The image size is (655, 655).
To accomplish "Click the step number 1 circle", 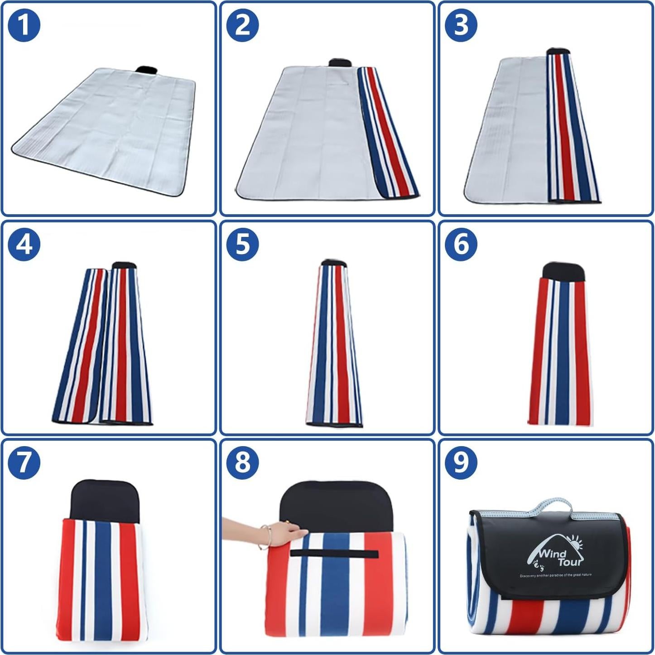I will tap(24, 25).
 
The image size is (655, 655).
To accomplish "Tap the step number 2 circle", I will tap(242, 25).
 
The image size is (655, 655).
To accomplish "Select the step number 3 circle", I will tap(461, 25).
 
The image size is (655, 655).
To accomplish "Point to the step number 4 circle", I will tap(24, 245).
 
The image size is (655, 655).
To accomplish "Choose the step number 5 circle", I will tap(242, 245).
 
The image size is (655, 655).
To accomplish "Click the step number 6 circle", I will tap(461, 245).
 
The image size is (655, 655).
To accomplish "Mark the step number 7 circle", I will tap(24, 463).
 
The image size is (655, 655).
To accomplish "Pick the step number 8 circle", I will tap(242, 463).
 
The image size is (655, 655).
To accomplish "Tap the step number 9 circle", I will tap(461, 463).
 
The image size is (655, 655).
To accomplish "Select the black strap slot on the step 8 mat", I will tap(334, 554).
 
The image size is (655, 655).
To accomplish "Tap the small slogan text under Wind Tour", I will tap(555, 575).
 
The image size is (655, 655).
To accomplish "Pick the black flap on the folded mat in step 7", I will tap(105, 501).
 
